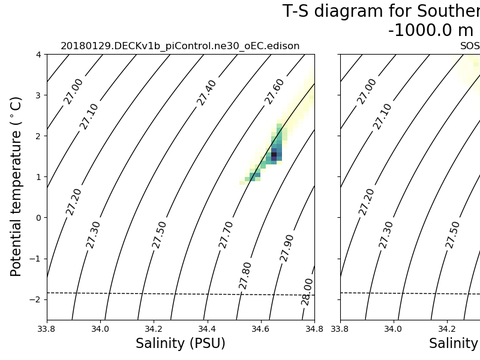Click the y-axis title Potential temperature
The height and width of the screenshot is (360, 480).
pyautogui.click(x=17, y=187)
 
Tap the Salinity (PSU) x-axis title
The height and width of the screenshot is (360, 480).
pyautogui.click(x=180, y=344)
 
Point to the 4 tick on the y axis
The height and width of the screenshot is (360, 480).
pyautogui.click(x=37, y=55)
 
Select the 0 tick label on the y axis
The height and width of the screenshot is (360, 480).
pyautogui.click(x=37, y=218)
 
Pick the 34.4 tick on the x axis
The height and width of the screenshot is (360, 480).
pyautogui.click(x=207, y=327)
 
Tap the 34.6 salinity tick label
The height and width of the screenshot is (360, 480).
pyautogui.click(x=260, y=327)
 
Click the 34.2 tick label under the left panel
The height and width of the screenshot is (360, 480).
pyautogui.click(x=153, y=327)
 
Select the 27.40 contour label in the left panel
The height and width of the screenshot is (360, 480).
pyautogui.click(x=206, y=93)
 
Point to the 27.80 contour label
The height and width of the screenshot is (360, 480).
pyautogui.click(x=246, y=275)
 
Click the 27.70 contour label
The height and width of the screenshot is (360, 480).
pyautogui.click(x=226, y=234)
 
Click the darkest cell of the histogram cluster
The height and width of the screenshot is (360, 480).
pyautogui.click(x=274, y=155)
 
